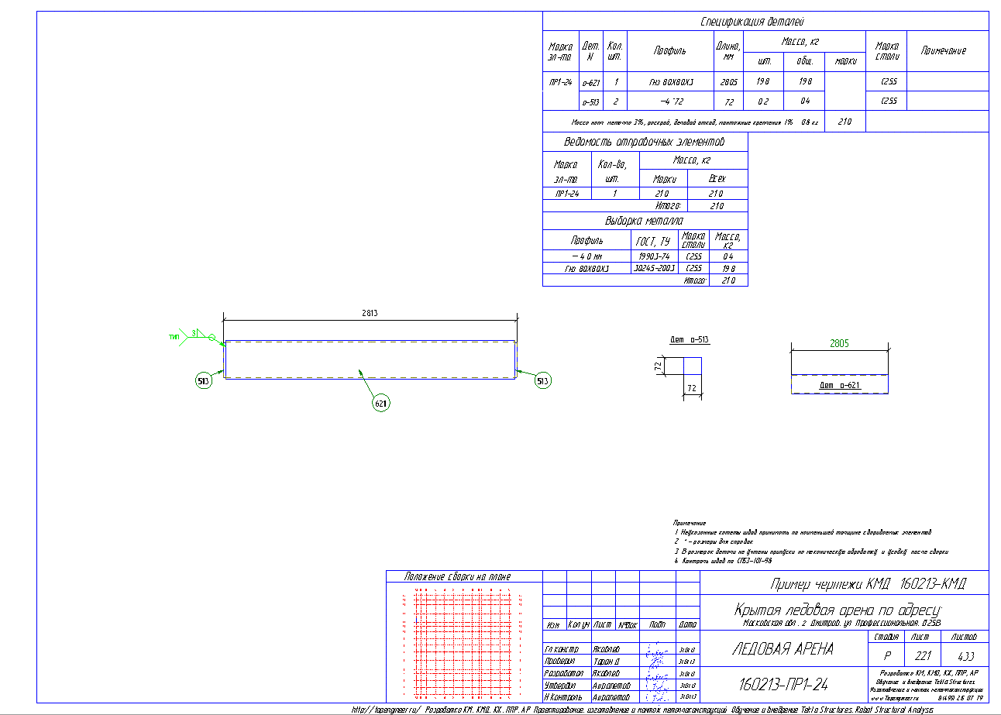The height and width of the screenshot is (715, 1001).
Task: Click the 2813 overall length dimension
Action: click(x=370, y=313)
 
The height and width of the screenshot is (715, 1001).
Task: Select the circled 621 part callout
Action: click(x=381, y=404)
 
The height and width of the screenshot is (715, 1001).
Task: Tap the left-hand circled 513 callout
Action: click(x=204, y=381)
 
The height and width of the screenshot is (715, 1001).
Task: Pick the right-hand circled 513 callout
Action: click(x=544, y=381)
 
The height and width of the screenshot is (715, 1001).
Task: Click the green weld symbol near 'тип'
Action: click(x=203, y=335)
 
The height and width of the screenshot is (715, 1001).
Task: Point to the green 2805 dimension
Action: click(x=839, y=342)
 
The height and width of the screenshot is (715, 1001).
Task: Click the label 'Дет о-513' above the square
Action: click(x=690, y=340)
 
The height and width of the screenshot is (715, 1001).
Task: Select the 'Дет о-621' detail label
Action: click(x=839, y=385)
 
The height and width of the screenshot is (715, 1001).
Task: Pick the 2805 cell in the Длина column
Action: click(x=728, y=81)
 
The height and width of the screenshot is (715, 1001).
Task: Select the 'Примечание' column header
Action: click(x=943, y=50)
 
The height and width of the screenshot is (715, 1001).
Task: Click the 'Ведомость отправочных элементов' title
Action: click(x=644, y=143)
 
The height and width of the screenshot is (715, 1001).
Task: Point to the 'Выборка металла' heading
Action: click(x=644, y=221)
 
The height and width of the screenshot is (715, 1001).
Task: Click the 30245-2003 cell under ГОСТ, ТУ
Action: click(x=653, y=268)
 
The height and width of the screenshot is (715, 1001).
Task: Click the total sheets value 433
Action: click(x=965, y=655)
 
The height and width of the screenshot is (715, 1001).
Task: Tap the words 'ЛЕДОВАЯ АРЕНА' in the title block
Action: click(x=783, y=649)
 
